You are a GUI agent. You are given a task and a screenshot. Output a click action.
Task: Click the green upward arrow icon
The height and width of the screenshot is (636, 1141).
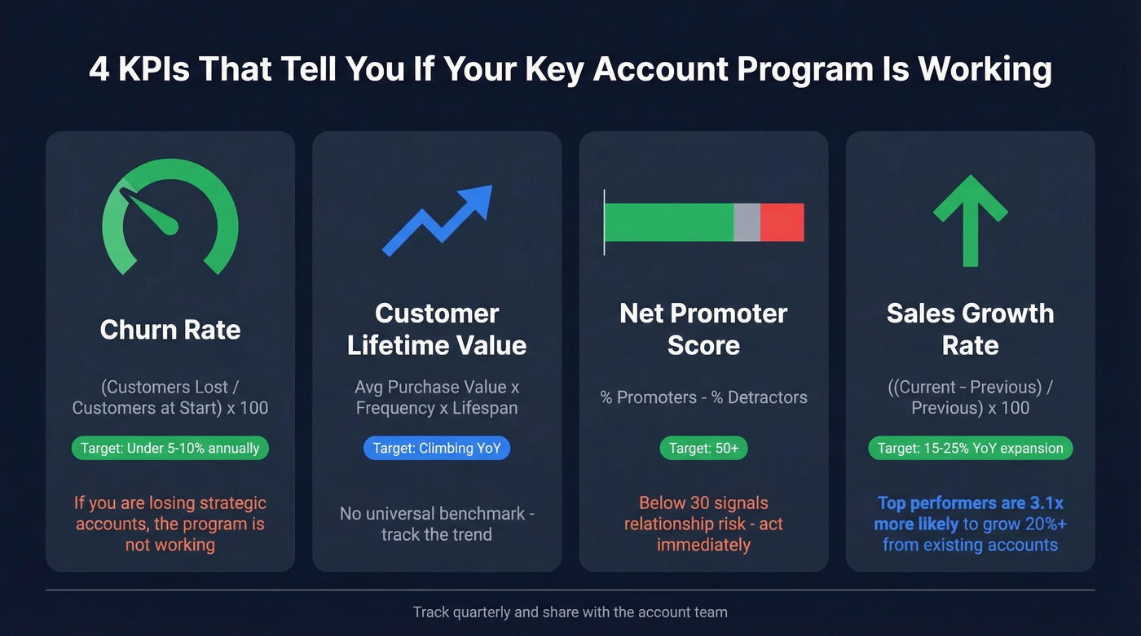point(970,220)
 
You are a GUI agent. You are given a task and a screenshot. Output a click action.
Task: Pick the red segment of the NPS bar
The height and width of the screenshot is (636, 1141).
point(782,222)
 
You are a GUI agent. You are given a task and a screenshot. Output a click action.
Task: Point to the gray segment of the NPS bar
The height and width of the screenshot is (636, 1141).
point(747,222)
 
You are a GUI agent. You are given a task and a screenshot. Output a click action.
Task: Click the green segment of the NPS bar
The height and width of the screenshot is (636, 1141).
point(669,222)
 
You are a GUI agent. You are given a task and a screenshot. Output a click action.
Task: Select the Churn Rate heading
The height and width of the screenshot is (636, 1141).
point(170,330)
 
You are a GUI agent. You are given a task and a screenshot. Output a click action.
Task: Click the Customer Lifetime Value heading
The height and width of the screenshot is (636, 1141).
point(437,329)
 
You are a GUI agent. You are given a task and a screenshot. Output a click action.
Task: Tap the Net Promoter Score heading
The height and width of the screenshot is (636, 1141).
point(703,329)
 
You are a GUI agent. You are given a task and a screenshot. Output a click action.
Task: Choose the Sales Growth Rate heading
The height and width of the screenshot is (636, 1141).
point(970,329)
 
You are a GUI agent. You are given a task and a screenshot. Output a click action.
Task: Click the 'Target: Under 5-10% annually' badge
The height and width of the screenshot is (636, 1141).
point(170,448)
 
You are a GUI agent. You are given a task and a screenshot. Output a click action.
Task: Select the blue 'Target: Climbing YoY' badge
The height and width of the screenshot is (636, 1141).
point(437,448)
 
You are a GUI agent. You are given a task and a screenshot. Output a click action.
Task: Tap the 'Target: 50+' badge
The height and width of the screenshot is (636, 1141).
point(703,448)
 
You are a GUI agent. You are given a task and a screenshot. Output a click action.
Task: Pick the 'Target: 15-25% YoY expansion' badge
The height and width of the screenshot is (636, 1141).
point(970,448)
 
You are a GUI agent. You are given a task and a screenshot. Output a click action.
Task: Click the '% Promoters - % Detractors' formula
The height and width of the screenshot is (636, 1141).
point(703,397)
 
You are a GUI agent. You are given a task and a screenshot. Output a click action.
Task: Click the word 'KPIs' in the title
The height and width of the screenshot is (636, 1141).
point(153,70)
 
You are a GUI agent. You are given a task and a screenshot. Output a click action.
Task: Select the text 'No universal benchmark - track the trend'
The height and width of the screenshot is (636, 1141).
point(437,524)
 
